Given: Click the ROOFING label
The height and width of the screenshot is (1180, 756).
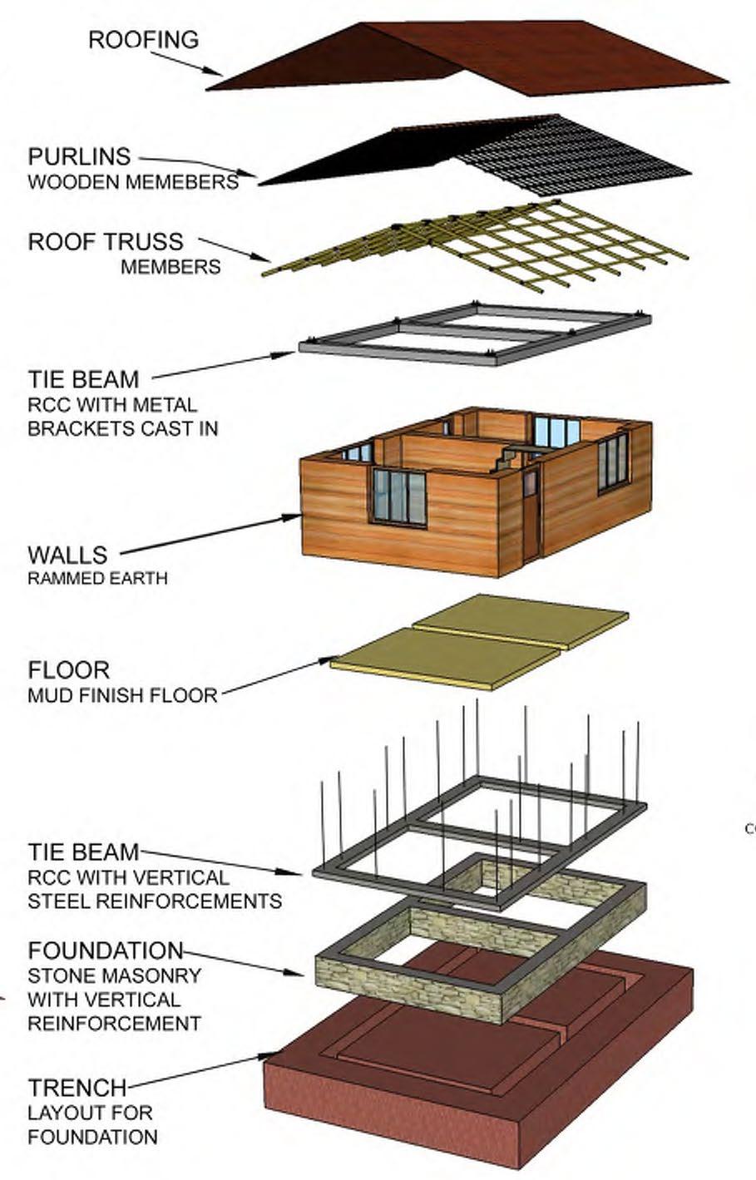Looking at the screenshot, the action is point(143,39).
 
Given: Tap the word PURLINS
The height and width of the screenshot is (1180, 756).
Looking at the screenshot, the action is point(79,156).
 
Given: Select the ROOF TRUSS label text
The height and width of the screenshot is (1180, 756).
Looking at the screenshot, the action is point(106,241).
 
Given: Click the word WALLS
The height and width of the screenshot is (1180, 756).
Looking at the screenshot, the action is point(67,554).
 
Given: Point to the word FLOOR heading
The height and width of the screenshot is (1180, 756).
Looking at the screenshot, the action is point(68,669).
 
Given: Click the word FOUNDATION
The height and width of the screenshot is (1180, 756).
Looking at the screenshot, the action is point(105,950).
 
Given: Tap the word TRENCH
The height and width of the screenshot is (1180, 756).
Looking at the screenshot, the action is point(77,1087).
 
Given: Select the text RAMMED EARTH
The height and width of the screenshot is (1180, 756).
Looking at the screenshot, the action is point(97,578).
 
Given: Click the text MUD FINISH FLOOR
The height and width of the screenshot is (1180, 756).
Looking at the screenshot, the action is point(122,694).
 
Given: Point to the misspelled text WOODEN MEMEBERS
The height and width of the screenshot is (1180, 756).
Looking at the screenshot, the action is point(133,182).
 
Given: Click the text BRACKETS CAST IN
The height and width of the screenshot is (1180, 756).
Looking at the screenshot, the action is point(123,429).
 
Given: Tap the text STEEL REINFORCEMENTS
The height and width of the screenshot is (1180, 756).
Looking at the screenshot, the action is point(155,901).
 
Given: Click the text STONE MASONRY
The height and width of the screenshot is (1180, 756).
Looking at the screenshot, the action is point(115,975).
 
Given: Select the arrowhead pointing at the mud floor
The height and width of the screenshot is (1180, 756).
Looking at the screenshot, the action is point(327,662).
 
